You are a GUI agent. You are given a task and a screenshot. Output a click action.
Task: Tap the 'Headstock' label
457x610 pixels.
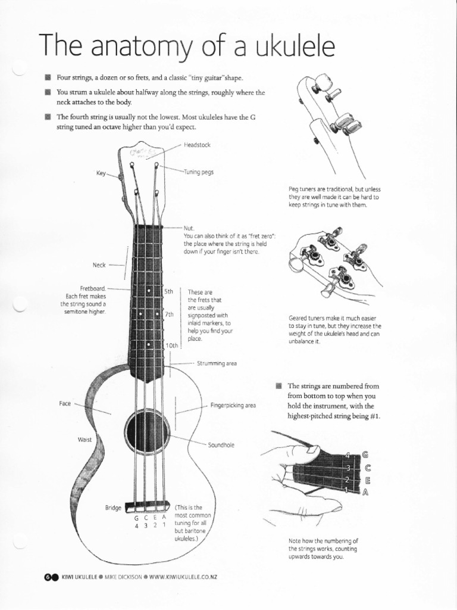197,145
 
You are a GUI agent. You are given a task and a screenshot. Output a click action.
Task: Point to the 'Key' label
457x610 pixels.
101,173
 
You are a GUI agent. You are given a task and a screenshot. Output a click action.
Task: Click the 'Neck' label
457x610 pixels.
99,264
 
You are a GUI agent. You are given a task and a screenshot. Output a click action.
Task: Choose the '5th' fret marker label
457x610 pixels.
168,291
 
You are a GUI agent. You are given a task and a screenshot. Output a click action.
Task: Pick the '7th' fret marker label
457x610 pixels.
168,315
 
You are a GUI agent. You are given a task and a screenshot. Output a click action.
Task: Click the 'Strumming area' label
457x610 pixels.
217,363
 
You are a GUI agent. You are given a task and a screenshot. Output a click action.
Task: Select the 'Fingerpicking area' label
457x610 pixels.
233,405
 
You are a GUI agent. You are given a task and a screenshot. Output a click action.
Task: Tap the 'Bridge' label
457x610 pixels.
113,508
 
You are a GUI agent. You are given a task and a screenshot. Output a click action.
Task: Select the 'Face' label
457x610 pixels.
65,403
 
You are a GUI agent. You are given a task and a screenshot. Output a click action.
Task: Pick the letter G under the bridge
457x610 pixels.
136,518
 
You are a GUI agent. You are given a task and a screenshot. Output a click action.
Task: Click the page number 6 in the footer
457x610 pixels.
48,577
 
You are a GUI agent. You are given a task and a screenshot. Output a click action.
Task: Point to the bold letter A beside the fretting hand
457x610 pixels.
365,492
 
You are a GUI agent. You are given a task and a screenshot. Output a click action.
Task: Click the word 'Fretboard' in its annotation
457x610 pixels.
92,288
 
